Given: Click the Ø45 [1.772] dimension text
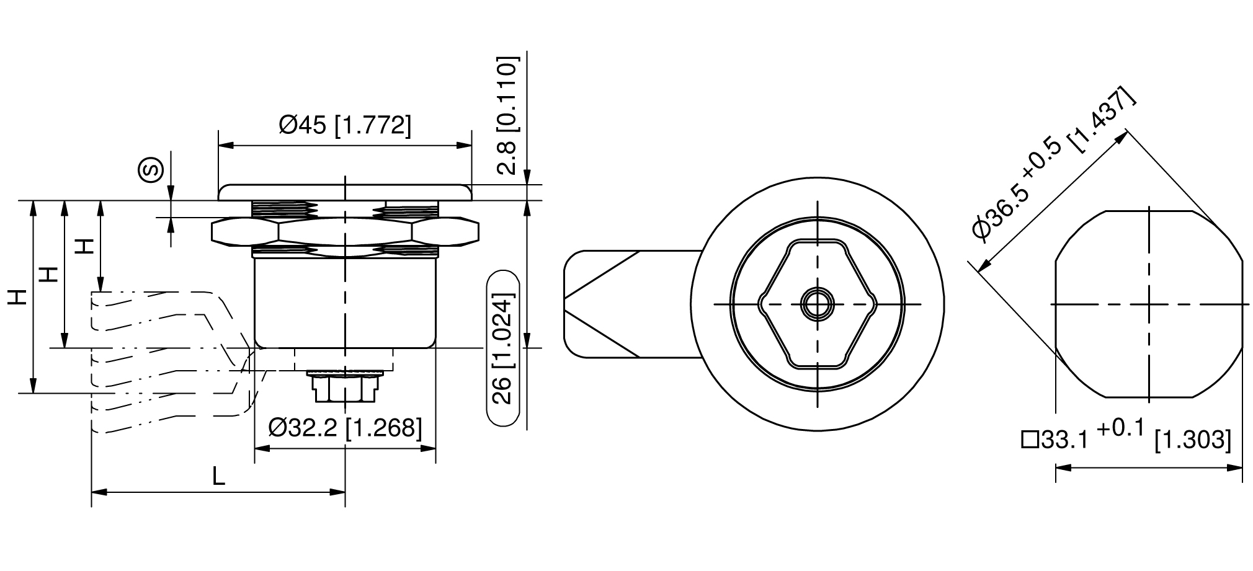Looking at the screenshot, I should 345,125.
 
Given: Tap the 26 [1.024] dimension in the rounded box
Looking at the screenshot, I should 502,349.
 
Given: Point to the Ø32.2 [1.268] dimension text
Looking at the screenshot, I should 345,427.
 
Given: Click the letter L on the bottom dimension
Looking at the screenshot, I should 218,476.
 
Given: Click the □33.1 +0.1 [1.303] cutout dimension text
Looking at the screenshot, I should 1126,438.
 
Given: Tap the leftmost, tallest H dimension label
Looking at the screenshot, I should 18,298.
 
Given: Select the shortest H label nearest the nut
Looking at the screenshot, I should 85,246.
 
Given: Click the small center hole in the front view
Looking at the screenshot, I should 817,304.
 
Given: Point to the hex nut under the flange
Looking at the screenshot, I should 345,232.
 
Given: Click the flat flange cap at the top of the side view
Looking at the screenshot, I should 345,192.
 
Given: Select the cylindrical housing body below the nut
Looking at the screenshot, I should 345,304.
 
